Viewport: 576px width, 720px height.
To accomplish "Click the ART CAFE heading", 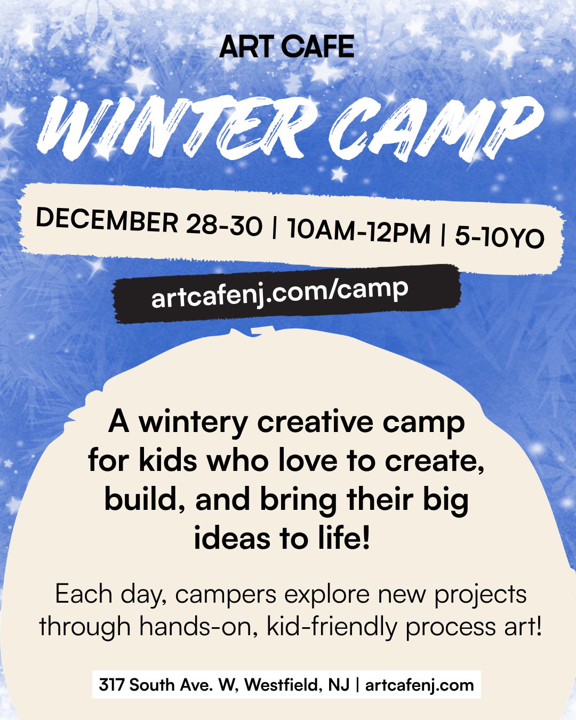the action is point(287,46).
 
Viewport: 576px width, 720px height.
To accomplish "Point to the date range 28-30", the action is point(224,226).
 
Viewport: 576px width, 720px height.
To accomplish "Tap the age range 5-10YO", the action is point(499,237).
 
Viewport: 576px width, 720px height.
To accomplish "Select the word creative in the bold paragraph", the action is point(315,422).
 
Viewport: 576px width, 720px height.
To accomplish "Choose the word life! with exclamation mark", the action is point(345,538).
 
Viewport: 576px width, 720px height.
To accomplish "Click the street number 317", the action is point(112,685).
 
